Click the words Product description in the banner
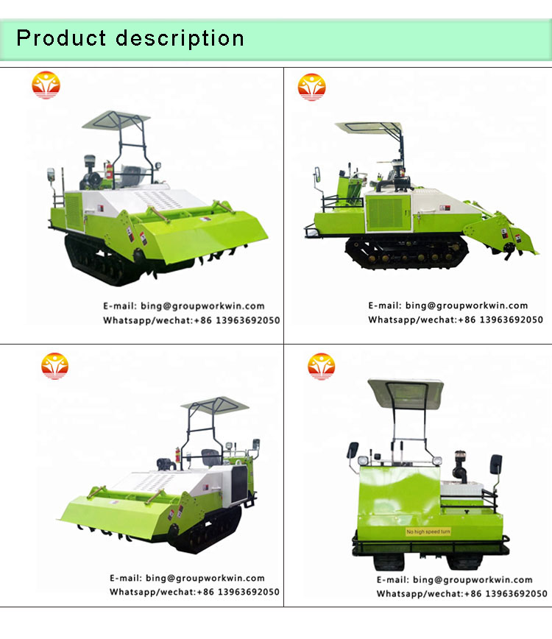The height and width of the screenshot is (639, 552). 130,39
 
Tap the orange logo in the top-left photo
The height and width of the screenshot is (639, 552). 46,85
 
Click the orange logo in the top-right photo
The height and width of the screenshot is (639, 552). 311,87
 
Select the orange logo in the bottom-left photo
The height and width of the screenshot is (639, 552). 54,366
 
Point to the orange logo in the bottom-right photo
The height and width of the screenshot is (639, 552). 322,367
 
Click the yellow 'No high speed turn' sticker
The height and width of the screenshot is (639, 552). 428,532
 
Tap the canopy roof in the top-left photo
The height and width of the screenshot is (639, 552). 116,120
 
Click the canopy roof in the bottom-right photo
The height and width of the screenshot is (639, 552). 406,392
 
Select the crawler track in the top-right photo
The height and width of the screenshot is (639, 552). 406,253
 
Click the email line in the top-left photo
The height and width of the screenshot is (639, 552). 184,306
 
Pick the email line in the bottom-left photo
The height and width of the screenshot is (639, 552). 187,578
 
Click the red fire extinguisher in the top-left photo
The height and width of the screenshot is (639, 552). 109,170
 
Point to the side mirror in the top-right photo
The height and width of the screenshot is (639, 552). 317,174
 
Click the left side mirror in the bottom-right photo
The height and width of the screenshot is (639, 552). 353,451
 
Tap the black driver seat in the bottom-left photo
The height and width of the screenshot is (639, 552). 210,458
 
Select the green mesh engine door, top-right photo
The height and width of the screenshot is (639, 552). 388,213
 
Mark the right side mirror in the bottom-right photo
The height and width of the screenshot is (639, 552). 496,464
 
